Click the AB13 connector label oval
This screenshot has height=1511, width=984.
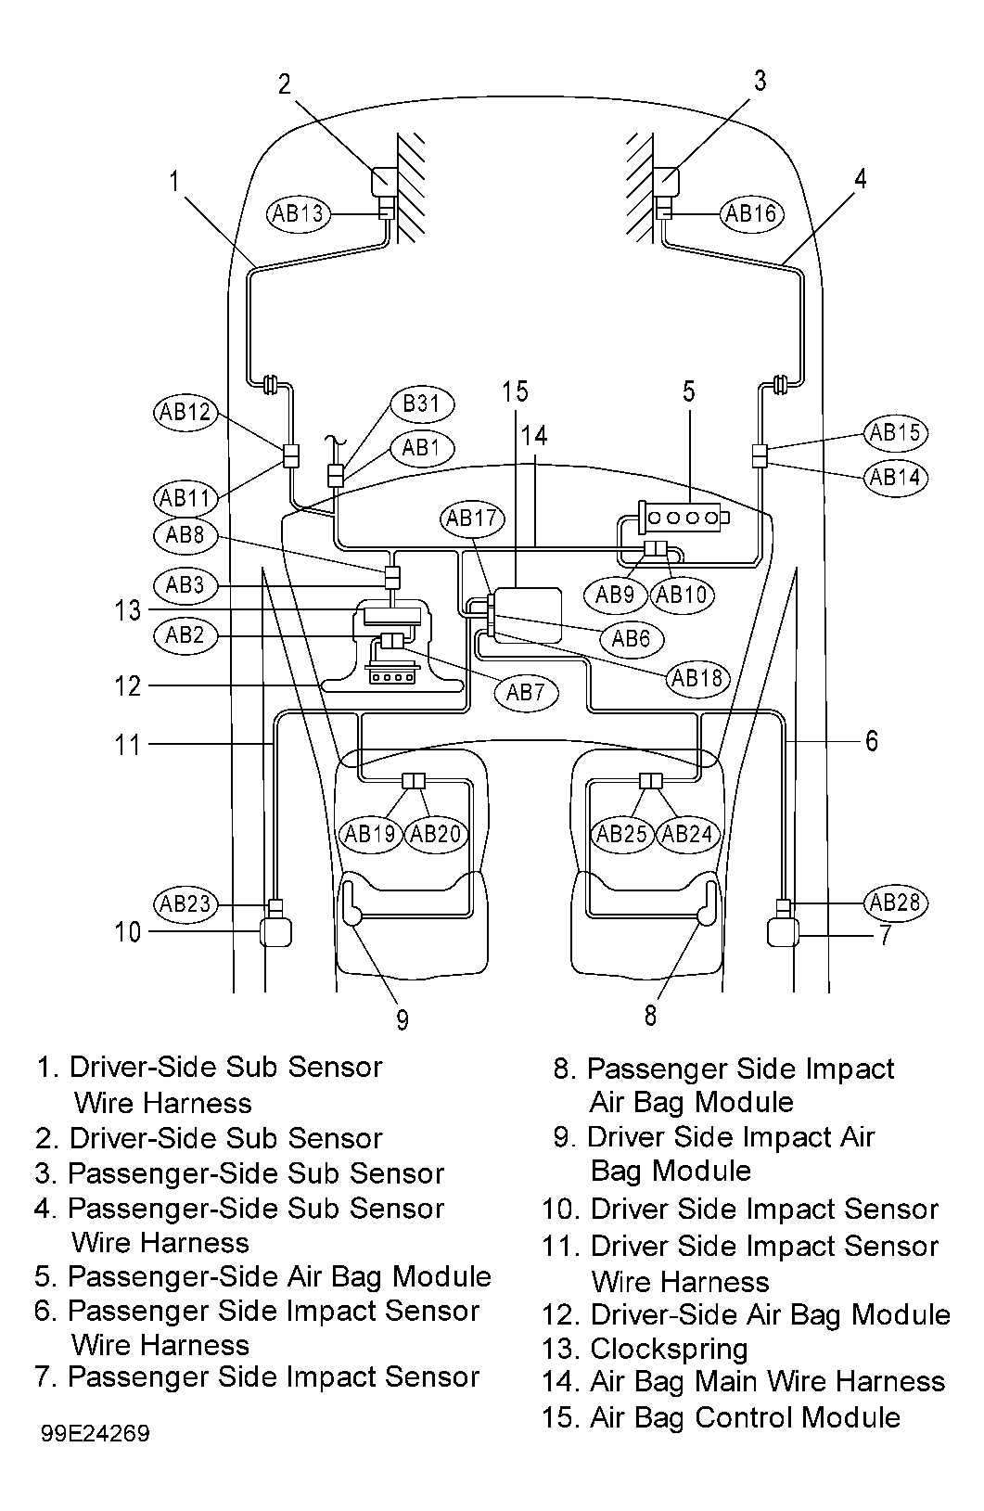coord(298,214)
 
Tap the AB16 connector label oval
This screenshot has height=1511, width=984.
coord(750,214)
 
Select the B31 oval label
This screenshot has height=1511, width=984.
coord(422,404)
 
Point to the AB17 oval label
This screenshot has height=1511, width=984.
coord(472,519)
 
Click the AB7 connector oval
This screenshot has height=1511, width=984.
coord(525,692)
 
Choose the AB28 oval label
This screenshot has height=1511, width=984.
coord(895,903)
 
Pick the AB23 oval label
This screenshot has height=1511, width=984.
coord(185,903)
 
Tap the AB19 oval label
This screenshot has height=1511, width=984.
coord(370,835)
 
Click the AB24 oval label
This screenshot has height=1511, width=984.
coord(687,835)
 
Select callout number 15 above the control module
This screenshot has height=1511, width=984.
coord(516,392)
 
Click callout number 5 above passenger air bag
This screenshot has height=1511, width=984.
coord(688,391)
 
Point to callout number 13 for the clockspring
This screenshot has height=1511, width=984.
coord(127,610)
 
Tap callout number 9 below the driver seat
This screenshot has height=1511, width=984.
coord(402,1020)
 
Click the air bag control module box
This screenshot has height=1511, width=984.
coord(528,615)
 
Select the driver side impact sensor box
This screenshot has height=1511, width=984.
coord(275,931)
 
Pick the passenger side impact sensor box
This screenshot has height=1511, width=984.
coord(783,931)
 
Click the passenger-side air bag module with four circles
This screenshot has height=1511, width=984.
coord(684,518)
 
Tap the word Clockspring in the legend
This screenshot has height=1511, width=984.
coord(669,1349)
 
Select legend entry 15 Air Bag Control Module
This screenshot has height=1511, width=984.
coord(721,1417)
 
